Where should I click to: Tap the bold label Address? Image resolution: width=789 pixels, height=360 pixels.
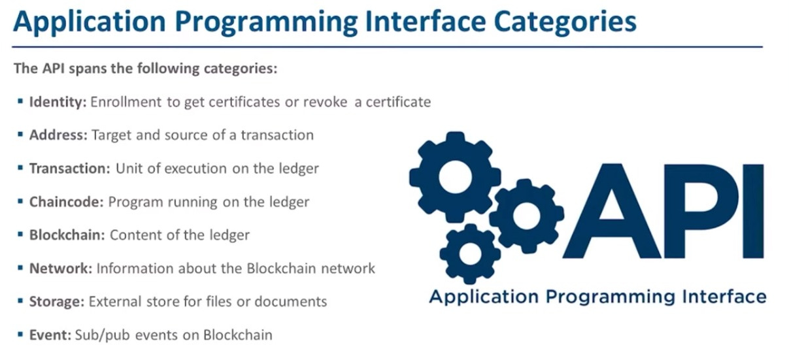click(x=58, y=135)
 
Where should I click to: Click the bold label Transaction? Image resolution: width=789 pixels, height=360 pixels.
click(x=70, y=169)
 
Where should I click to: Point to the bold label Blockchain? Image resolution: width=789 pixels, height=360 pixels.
click(x=67, y=235)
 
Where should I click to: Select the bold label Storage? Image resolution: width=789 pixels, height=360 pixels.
click(x=57, y=302)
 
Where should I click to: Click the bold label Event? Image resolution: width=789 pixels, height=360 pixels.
click(x=50, y=335)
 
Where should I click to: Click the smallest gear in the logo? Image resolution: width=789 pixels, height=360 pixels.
click(x=471, y=253)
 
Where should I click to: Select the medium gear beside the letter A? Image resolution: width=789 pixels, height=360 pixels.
click(x=526, y=215)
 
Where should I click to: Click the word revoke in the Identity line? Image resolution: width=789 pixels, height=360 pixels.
click(x=326, y=102)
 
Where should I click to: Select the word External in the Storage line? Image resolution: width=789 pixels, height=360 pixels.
click(x=113, y=302)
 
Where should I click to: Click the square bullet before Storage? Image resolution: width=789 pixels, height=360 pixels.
click(x=22, y=301)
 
